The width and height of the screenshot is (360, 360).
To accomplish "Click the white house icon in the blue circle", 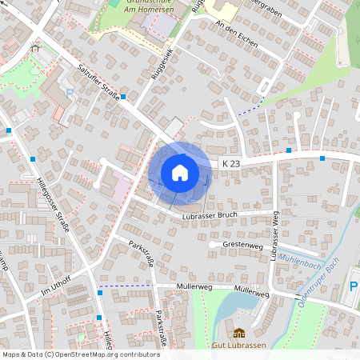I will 180,172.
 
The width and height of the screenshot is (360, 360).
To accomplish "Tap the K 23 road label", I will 230,164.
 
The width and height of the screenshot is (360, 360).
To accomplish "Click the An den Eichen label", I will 238,34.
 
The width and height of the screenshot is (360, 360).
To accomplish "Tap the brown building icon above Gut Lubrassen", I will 238,332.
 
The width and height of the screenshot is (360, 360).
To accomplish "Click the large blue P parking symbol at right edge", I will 354,286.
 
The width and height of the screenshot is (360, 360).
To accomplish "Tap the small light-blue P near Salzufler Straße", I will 70,93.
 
